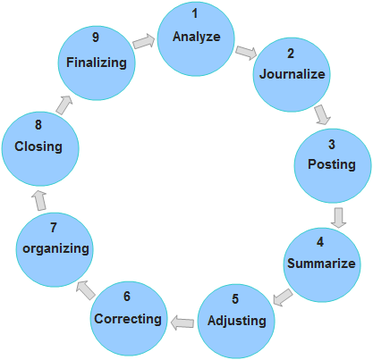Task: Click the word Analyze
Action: coord(197,37)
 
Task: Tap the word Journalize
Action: coord(292,74)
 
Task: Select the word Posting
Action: coord(332,164)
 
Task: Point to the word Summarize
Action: coord(321,264)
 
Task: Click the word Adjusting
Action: coord(237,322)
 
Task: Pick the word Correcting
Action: coord(128,319)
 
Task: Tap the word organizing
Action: coord(55,249)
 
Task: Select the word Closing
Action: coord(38,147)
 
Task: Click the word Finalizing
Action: coord(97,63)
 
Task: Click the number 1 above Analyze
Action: coord(195,13)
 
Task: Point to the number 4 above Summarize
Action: coord(320,242)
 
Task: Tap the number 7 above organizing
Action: coord(54,228)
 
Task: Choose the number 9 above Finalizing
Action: coord(96,38)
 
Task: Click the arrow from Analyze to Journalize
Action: coord(246,53)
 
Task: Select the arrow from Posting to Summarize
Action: coord(338,218)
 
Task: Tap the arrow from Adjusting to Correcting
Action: coord(182,322)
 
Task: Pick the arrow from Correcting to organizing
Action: coord(86,290)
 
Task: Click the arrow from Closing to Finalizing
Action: coord(64,105)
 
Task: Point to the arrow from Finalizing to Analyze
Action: coord(144,41)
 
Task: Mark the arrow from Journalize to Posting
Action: coord(323,114)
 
